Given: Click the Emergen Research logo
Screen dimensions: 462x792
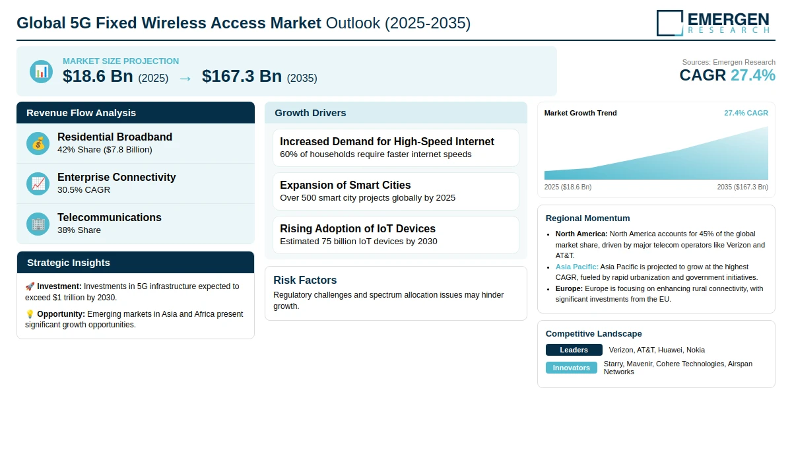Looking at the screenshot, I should pyautogui.click(x=713, y=22).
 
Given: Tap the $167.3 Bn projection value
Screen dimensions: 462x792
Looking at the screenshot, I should pyautogui.click(x=242, y=77).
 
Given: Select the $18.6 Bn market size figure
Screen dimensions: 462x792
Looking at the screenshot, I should pyautogui.click(x=98, y=77).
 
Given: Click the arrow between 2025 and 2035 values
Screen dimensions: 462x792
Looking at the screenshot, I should pyautogui.click(x=185, y=78).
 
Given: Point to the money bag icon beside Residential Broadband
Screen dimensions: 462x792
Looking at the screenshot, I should pyautogui.click(x=38, y=143).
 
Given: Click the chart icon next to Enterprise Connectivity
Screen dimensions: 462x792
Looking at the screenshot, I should pyautogui.click(x=38, y=183).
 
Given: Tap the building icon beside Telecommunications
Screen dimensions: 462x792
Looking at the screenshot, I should pyautogui.click(x=38, y=224).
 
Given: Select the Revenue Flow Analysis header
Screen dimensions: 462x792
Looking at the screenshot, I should pyautogui.click(x=81, y=113).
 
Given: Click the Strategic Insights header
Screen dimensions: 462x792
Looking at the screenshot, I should pyautogui.click(x=69, y=263).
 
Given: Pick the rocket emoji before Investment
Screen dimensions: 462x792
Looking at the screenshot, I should pyautogui.click(x=30, y=286).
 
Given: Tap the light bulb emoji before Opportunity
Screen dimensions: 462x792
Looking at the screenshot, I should pyautogui.click(x=30, y=313).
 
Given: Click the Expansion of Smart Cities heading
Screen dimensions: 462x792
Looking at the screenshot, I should pyautogui.click(x=345, y=185).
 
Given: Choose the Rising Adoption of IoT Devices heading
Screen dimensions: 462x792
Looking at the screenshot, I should pyautogui.click(x=358, y=228).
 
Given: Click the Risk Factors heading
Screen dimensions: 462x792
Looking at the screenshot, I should pyautogui.click(x=305, y=280).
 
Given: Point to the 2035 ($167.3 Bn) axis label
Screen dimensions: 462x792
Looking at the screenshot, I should pyautogui.click(x=742, y=187).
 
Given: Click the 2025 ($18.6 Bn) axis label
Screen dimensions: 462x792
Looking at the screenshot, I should pyautogui.click(x=568, y=187).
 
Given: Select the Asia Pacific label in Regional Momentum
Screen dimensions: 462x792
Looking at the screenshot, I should pyautogui.click(x=577, y=267).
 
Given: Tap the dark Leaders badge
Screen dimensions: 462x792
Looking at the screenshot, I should pyautogui.click(x=574, y=350).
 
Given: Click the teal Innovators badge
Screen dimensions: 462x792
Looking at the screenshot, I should pyautogui.click(x=571, y=368).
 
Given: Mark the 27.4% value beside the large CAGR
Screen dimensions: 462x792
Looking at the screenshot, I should pyautogui.click(x=752, y=75).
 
